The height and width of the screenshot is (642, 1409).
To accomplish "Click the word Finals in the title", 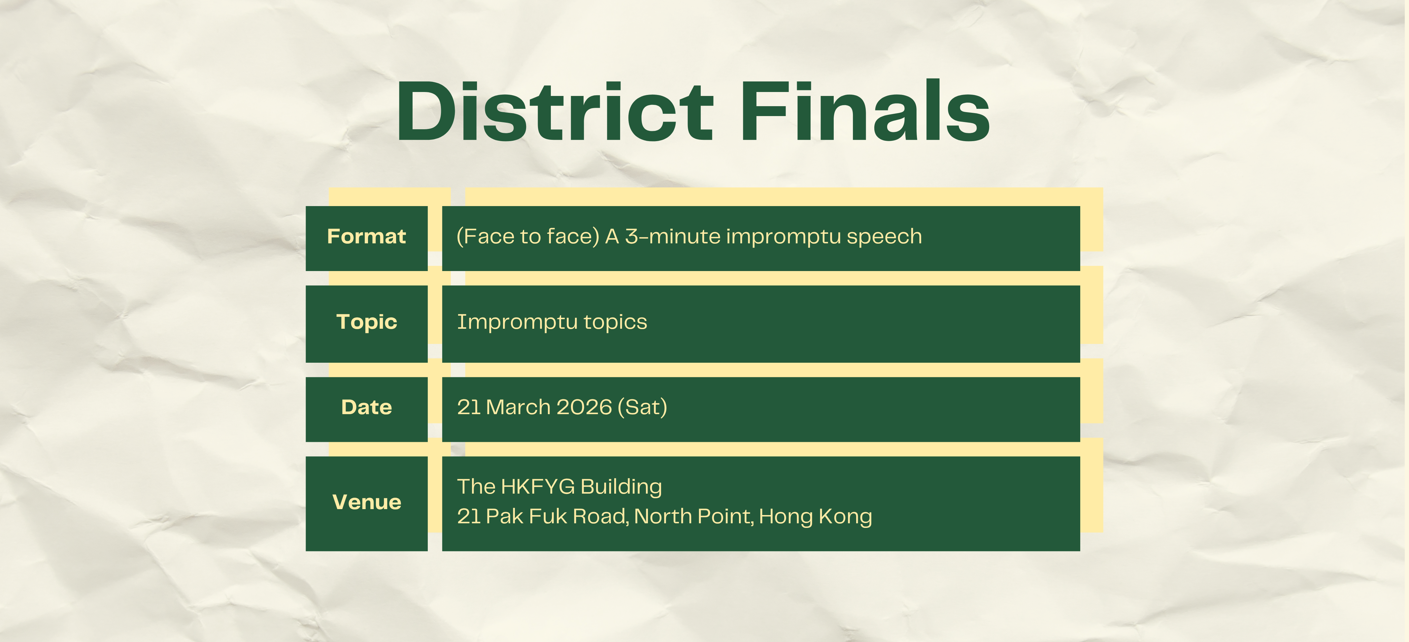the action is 865,110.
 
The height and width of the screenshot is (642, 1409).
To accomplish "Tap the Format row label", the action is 366,236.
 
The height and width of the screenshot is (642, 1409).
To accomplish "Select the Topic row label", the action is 366,322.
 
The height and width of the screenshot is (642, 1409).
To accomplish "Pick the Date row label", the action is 366,407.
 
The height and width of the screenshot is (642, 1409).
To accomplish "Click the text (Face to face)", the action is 528,236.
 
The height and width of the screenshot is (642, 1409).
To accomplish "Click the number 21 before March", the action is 469,407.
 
